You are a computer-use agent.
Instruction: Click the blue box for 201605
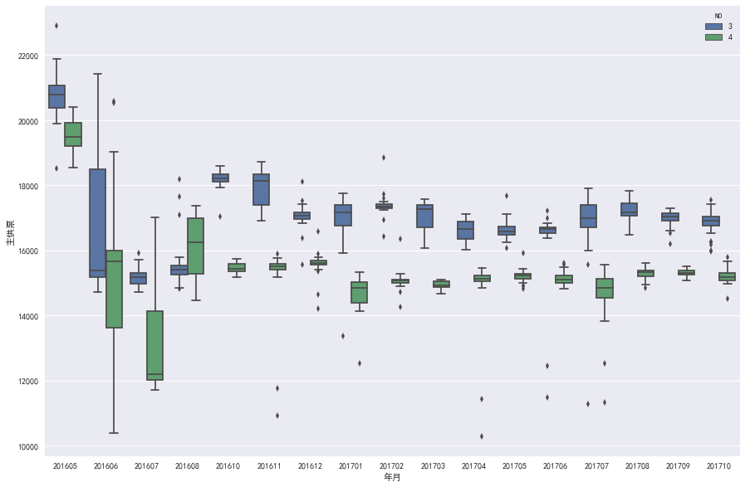click(x=56, y=96)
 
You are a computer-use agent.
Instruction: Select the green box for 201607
click(x=154, y=345)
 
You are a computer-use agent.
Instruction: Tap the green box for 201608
click(x=195, y=246)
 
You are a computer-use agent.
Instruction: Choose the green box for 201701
click(x=359, y=292)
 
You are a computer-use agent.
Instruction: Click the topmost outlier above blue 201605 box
click(x=56, y=26)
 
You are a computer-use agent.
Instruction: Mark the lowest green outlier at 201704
click(x=481, y=436)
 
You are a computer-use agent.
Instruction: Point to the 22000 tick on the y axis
click(x=27, y=56)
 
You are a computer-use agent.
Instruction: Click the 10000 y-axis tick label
click(x=27, y=446)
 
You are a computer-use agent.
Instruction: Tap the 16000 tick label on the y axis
click(x=27, y=251)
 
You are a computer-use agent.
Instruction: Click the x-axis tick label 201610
click(x=228, y=467)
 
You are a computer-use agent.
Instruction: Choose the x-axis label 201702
click(x=391, y=467)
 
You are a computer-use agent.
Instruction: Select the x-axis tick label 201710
click(x=718, y=467)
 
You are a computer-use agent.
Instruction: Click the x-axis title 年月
click(x=392, y=478)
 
